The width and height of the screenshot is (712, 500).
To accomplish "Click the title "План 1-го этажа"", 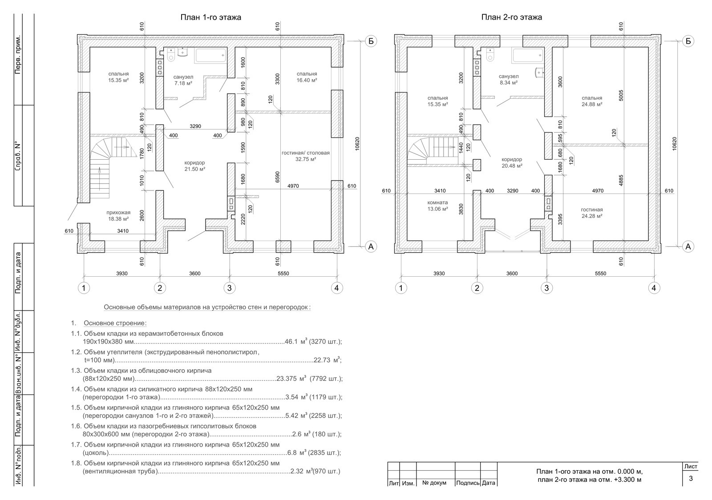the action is tap(211, 17).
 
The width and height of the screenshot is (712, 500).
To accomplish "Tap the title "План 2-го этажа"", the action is tap(511, 17).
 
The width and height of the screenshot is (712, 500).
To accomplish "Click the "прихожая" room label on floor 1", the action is tap(118, 213).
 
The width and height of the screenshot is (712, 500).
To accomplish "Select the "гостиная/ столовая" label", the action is tap(305, 153).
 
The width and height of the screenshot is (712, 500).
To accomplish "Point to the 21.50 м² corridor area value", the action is tap(195, 169).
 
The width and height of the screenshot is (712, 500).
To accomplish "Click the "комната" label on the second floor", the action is tap(438, 202).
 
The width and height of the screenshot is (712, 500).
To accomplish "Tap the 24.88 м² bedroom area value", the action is tap(592, 104).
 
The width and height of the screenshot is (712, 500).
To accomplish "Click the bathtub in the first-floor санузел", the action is tap(211, 55).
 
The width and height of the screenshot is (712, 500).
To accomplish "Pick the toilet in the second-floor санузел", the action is tap(490, 54).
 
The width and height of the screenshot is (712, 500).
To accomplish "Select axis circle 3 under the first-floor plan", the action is tap(230, 288).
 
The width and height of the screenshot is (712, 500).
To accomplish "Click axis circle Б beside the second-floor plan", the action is tap(688, 41).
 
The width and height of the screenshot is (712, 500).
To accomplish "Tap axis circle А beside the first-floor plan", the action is tap(371, 246).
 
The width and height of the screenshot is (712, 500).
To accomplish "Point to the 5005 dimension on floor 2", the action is tap(621, 95).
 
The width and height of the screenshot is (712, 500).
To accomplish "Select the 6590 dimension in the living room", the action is tap(278, 177).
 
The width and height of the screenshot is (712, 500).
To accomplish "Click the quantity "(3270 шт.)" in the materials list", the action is tap(325, 342).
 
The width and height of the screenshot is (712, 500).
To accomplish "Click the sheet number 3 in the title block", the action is tap(690, 478).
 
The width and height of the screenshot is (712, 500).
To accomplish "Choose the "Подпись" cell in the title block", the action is tap(468, 483).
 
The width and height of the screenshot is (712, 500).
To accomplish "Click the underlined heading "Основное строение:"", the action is tap(115, 323).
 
